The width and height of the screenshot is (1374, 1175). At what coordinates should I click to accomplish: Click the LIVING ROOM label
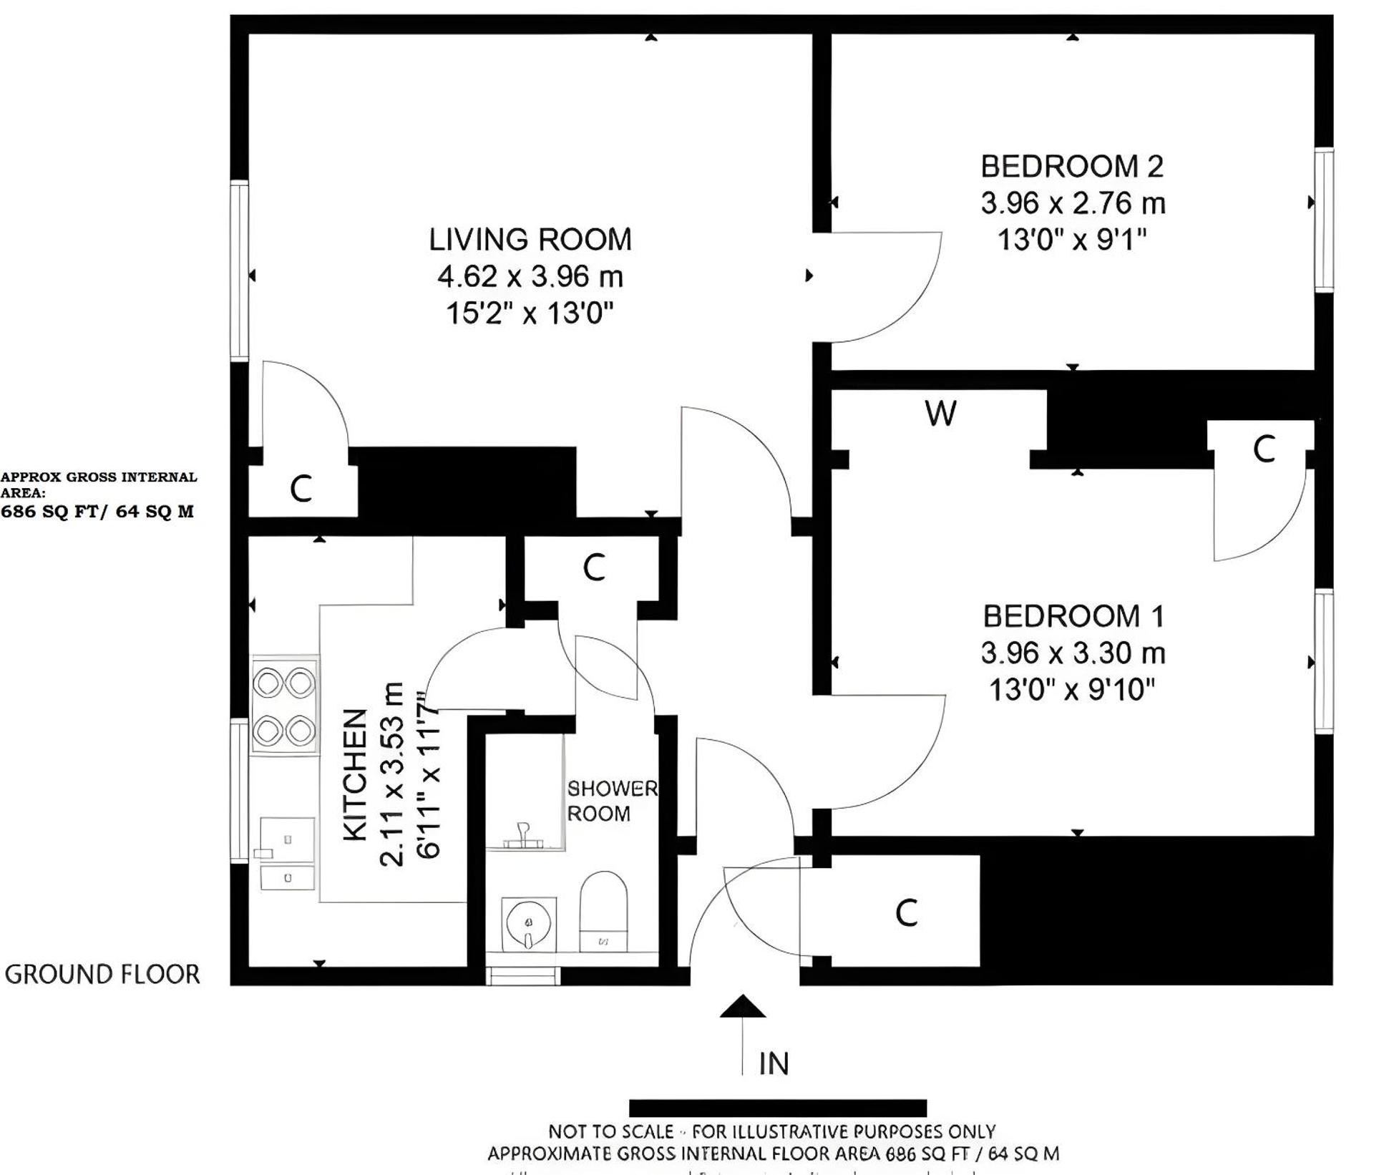tap(530, 240)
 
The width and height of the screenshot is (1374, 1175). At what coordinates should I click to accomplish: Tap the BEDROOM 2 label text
tap(1071, 167)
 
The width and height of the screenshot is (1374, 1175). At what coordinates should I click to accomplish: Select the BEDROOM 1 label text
tap(1073, 616)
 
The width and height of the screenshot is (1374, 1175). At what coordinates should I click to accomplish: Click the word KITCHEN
tap(356, 774)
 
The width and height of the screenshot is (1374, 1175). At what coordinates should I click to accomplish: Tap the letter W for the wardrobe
tap(940, 414)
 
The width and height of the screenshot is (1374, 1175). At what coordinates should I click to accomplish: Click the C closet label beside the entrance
tap(906, 913)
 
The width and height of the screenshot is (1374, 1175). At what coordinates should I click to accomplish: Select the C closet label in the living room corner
tap(301, 489)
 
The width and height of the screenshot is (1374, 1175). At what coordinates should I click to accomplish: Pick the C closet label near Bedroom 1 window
tap(1264, 449)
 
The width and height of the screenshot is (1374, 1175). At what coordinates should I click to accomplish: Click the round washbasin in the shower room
tap(529, 924)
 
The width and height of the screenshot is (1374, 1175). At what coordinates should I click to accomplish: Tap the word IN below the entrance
tap(774, 1064)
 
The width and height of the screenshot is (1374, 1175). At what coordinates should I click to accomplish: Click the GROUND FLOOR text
tap(102, 975)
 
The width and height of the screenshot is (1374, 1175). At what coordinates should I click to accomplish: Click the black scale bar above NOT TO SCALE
tap(777, 1108)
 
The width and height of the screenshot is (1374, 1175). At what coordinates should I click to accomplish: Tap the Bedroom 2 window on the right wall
tap(1324, 220)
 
